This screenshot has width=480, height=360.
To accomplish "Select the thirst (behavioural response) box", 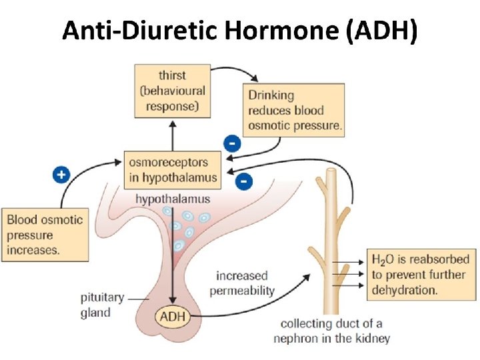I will tap(172, 91).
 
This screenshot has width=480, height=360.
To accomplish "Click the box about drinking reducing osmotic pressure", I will tap(295, 110).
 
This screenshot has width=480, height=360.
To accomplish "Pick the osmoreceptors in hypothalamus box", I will tap(171, 169).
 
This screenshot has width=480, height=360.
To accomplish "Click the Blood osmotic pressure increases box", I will tap(45, 235).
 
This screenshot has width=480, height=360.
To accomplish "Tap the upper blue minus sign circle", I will tap(231, 143).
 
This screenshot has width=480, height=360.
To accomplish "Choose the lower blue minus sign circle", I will tap(245, 180).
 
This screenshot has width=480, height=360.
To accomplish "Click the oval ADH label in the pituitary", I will tap(173, 316).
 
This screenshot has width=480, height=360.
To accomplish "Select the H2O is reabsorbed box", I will tap(420, 274).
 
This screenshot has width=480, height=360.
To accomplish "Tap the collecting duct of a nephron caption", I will tap(331, 331).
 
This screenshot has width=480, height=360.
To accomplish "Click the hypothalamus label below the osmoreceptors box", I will tap(173, 199).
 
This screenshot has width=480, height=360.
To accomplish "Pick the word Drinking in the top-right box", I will tap(271, 95).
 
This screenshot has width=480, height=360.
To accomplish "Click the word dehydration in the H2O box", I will tap(405, 289).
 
